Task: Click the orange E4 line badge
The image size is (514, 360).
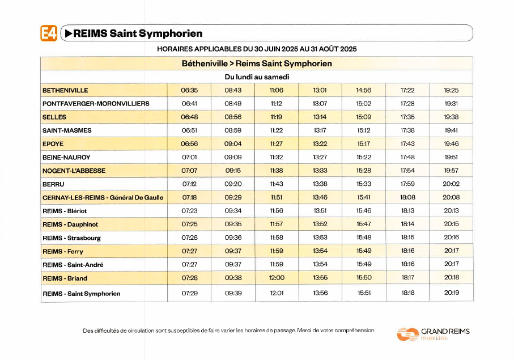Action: click(49, 33)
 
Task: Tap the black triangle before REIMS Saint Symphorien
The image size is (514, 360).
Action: click(69, 33)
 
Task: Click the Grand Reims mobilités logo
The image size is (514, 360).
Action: click(434, 334)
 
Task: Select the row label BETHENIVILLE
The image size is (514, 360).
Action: click(65, 91)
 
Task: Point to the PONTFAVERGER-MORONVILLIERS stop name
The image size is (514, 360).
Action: click(96, 104)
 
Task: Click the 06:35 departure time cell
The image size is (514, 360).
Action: click(189, 90)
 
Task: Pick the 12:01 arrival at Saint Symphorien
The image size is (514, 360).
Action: click(277, 293)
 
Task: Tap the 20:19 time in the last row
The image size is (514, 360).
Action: click(452, 293)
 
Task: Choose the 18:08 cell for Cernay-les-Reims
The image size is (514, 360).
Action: click(407, 197)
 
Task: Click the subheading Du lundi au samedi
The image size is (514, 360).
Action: click(257, 77)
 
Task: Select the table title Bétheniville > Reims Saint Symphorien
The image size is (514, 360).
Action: click(257, 63)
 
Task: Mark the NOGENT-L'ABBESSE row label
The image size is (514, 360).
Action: click(74, 171)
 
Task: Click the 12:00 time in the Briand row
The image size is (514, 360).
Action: click(277, 278)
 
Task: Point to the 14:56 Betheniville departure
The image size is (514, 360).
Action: click(363, 90)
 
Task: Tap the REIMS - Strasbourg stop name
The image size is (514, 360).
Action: click(71, 238)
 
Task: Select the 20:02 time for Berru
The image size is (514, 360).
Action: click(451, 184)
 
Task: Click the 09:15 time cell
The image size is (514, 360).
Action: click(233, 171)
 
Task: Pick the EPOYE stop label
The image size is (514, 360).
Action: click(53, 144)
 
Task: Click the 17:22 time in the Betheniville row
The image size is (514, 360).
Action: click(407, 90)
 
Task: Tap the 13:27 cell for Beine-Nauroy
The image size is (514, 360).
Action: click(320, 157)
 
